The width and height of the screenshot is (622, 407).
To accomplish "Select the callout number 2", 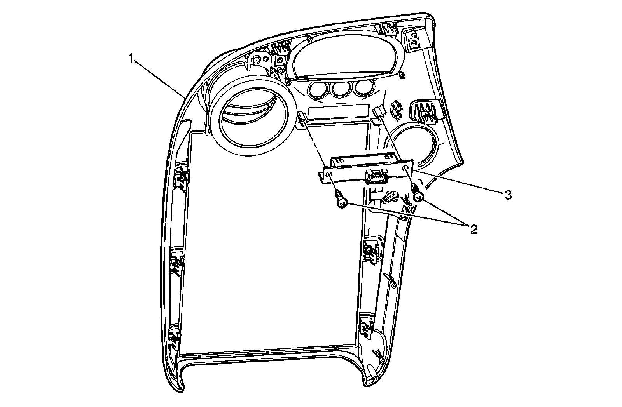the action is [473, 229].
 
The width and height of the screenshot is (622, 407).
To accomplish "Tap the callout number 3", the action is [508, 195].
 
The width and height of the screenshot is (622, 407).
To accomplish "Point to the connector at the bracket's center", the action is [376, 177].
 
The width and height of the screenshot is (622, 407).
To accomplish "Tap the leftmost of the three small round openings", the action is [316, 90].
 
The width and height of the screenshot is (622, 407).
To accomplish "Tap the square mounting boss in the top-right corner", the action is [414, 40].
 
